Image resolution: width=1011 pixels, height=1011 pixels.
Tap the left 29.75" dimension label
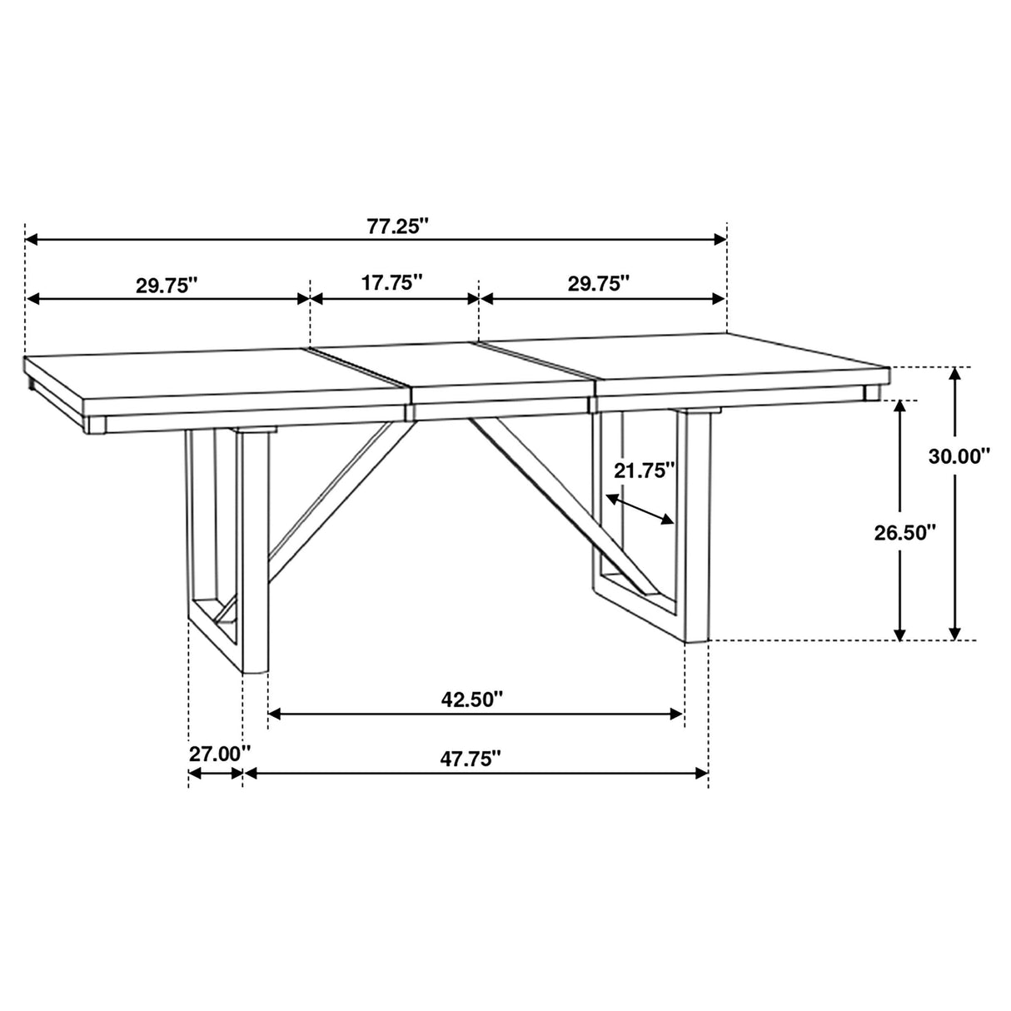(x=167, y=284)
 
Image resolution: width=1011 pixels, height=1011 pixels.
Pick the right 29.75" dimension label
(x=599, y=283)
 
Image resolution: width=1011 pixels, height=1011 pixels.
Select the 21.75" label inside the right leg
(x=644, y=471)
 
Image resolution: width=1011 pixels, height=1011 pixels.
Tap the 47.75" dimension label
(x=471, y=758)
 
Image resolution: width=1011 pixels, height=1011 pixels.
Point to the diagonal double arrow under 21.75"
(x=639, y=509)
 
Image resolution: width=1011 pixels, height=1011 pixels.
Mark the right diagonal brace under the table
(x=541, y=491)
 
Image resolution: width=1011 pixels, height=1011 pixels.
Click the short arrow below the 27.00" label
(x=216, y=774)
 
